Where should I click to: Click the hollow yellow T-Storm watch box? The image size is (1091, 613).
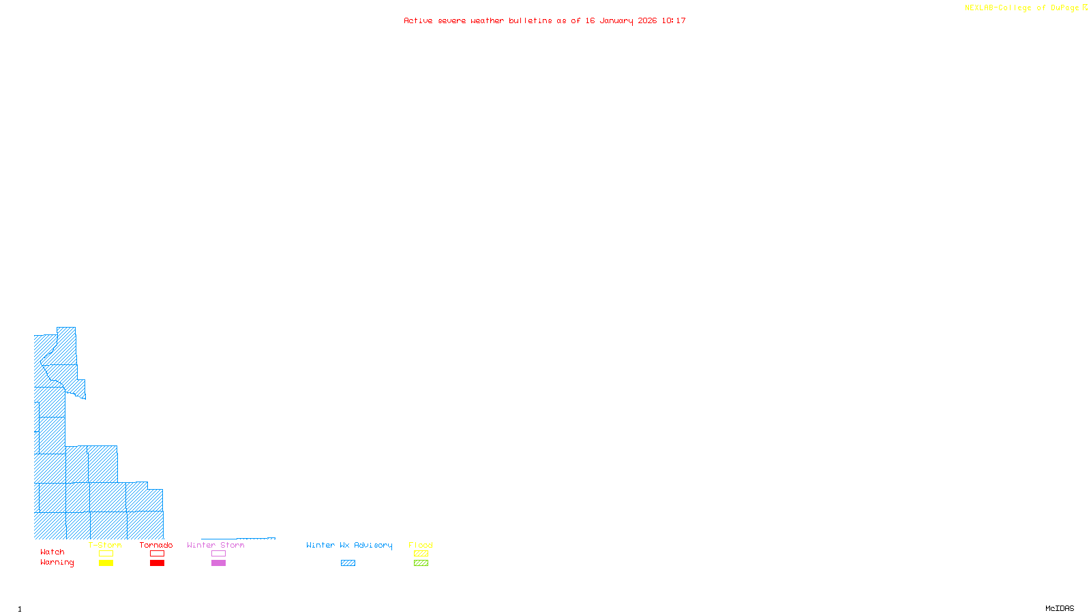point(106,554)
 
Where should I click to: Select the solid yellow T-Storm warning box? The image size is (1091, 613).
point(106,563)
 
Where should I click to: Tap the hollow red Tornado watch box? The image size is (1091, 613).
point(157,554)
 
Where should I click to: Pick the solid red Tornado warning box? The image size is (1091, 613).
point(157,563)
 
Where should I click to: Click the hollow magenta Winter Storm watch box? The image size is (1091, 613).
point(218,554)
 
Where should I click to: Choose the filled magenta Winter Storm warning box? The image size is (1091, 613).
point(218,563)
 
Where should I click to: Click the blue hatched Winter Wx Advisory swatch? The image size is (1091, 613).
point(348,563)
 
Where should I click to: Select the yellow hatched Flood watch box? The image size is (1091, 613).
point(421,554)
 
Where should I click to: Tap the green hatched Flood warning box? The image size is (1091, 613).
point(421,563)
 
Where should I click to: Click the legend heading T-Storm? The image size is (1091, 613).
point(105,545)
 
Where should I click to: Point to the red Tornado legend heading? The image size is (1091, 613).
point(156,545)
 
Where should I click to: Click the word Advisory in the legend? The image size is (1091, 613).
point(373,545)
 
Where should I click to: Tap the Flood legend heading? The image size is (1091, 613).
point(421,545)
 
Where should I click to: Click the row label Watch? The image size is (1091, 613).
point(53,552)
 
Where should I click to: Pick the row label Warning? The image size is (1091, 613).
point(57,563)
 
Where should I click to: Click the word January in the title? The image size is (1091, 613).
point(616,20)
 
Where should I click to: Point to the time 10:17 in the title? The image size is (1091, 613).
point(674,20)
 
